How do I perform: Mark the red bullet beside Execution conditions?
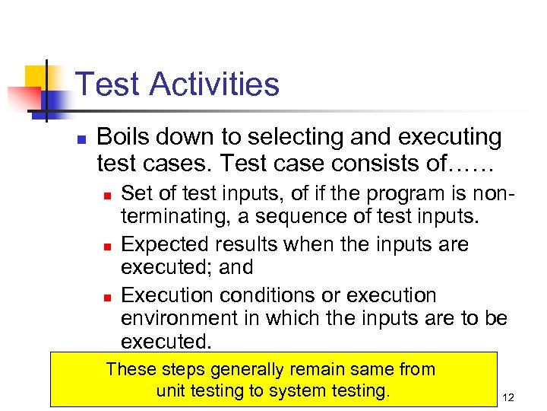tap(107, 296)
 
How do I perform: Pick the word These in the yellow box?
tap(131, 370)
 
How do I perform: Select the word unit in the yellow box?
tap(169, 391)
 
